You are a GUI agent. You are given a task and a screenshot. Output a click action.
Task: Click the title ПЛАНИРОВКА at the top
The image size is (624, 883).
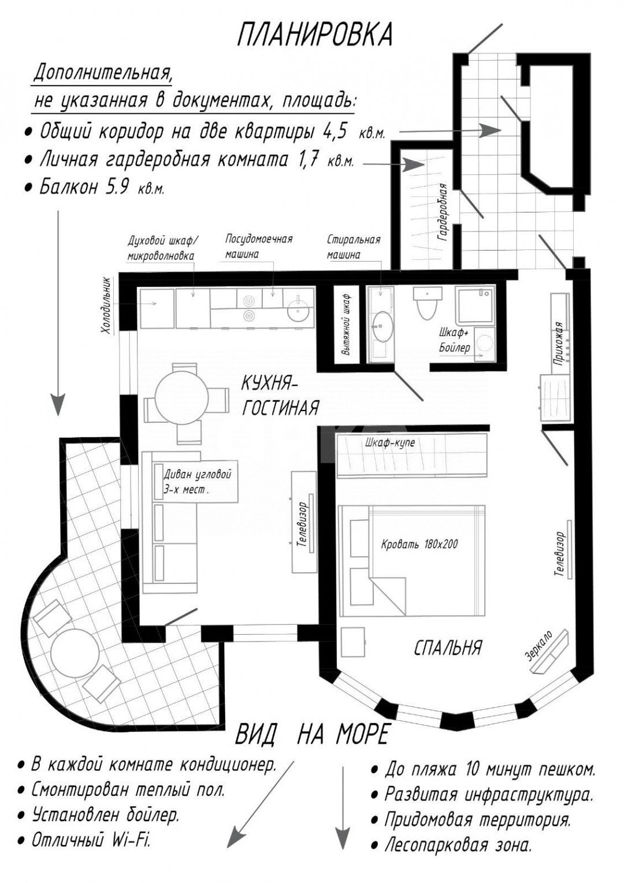[315, 35]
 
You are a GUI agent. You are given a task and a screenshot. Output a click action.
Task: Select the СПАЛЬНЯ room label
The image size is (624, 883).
[447, 648]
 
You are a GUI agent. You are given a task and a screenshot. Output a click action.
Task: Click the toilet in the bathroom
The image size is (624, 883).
[426, 304]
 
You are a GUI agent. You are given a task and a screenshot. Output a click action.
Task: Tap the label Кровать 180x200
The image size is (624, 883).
[419, 544]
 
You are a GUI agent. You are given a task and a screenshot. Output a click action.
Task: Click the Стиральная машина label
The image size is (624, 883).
[353, 247]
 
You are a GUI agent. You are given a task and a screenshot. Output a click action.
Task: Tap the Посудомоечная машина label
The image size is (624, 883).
[258, 246]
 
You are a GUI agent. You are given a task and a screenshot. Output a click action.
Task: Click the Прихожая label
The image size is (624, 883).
[558, 341]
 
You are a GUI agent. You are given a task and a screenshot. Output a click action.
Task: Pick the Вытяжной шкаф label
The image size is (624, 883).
[345, 326]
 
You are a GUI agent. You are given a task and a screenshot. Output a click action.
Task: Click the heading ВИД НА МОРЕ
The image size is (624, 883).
[312, 735]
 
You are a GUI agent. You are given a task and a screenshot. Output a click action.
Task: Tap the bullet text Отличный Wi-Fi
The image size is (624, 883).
[91, 840]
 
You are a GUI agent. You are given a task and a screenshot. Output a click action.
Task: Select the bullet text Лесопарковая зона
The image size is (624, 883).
[458, 846]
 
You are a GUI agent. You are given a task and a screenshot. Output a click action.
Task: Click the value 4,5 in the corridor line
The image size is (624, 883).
[335, 132]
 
